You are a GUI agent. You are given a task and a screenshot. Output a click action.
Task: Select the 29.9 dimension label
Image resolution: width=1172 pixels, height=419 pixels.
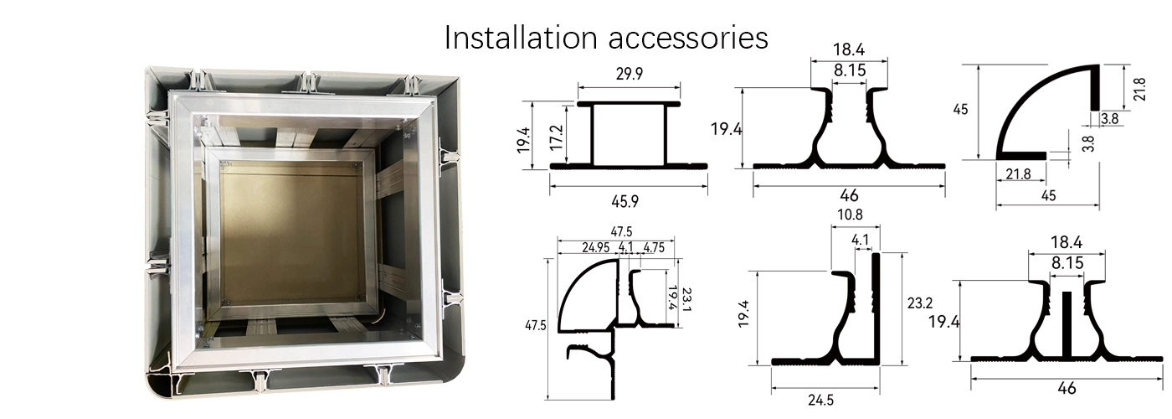[x=629, y=74]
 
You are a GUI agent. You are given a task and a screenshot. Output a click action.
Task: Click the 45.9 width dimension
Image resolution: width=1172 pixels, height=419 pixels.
[x=629, y=201]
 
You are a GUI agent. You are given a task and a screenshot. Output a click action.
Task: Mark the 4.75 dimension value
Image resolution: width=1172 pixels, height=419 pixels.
[x=658, y=246]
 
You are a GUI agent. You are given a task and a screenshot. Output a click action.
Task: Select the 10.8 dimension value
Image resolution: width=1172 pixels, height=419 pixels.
[x=855, y=215]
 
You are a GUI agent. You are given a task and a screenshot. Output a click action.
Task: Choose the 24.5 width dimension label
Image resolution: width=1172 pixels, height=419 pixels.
[x=820, y=400]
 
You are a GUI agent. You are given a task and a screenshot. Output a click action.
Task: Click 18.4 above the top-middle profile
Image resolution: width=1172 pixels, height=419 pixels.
[x=849, y=50]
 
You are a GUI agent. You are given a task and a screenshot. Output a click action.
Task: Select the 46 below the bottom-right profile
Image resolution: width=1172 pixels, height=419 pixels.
[x=1067, y=387]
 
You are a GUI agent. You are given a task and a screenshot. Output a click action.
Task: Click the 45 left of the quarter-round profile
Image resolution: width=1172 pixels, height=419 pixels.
[x=961, y=110]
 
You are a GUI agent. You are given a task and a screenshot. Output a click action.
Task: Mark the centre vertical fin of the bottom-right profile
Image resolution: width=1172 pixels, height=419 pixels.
[x=1067, y=323]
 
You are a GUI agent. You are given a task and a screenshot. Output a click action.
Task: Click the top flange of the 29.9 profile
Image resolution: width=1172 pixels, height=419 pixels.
[x=629, y=104]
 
